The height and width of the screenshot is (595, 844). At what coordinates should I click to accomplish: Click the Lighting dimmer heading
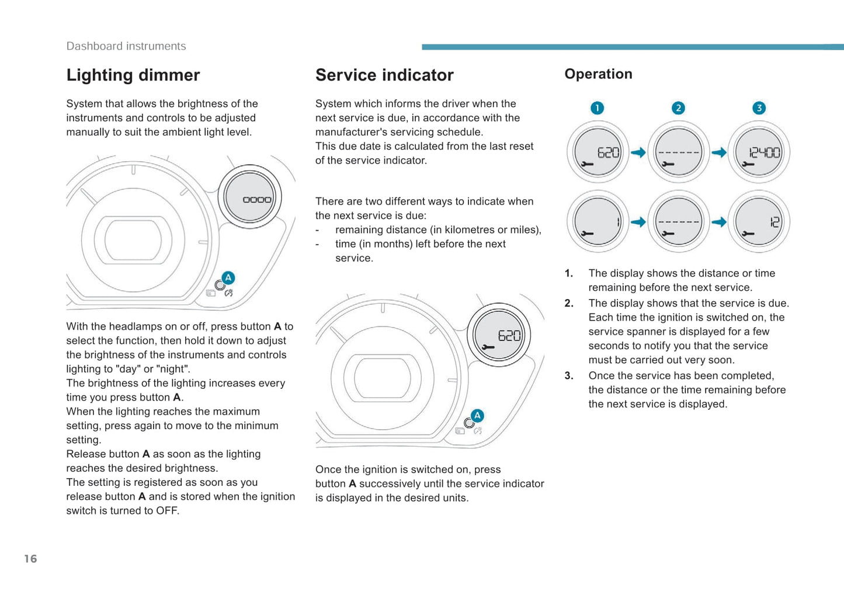[x=133, y=75]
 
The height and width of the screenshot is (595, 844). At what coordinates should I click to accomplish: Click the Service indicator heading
[x=384, y=75]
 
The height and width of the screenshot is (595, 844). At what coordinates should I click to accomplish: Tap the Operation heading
[x=598, y=74]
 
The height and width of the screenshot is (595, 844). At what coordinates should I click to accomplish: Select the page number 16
[x=30, y=559]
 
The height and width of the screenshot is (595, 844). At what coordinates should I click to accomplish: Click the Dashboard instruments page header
[x=126, y=46]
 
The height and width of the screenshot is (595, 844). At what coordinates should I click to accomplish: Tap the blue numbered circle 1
[x=597, y=108]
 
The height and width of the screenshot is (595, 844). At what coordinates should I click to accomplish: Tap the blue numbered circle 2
[x=678, y=108]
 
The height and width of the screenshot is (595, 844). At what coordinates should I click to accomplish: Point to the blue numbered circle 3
[x=759, y=108]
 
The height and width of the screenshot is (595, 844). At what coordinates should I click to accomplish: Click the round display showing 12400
[x=759, y=152]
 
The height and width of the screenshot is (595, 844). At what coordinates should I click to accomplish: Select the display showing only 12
[x=759, y=222]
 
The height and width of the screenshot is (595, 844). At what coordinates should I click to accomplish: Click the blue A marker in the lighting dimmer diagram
[x=228, y=277]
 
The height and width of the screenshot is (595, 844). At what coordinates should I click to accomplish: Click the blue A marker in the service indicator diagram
[x=477, y=416]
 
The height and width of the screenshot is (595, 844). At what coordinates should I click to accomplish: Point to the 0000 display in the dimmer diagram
[x=250, y=197]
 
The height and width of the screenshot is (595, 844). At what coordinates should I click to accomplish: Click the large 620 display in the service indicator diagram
[x=499, y=335]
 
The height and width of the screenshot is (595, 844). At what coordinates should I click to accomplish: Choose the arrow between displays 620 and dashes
[x=638, y=152]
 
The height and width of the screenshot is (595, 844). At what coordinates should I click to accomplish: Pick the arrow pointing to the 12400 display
[x=719, y=152]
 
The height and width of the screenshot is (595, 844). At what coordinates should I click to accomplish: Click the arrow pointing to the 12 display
[x=719, y=222]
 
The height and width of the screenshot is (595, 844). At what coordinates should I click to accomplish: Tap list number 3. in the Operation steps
[x=569, y=376]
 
